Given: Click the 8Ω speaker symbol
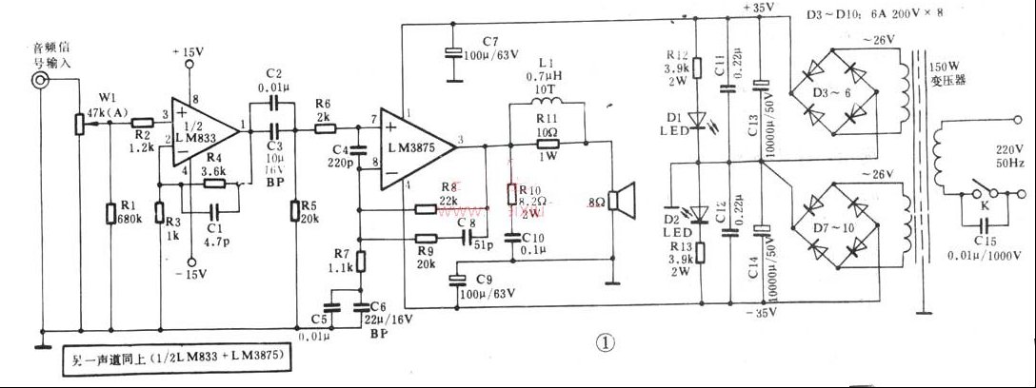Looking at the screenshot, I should click(621, 202).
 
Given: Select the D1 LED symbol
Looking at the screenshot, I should click(697, 121).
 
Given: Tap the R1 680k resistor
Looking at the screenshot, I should click(112, 213).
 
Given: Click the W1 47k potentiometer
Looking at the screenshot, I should click(80, 123).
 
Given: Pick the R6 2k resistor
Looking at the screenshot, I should click(323, 123).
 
